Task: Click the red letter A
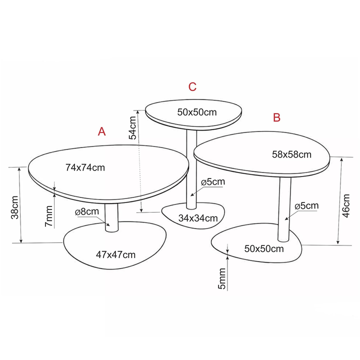pyautogui.click(x=101, y=131)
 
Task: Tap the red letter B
pyautogui.click(x=276, y=117)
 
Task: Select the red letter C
pyautogui.click(x=192, y=87)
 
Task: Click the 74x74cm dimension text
pyautogui.click(x=85, y=167)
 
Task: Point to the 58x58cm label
pyautogui.click(x=291, y=154)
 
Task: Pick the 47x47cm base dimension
pyautogui.click(x=115, y=254)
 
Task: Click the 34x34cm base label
pyautogui.click(x=198, y=218)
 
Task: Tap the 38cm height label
pyautogui.click(x=15, y=207)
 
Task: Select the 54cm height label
pyautogui.click(x=132, y=128)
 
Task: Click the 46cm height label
pyautogui.click(x=346, y=205)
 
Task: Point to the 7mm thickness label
pyautogui.click(x=48, y=216)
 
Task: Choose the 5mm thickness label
pyautogui.click(x=222, y=278)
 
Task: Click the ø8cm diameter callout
pyautogui.click(x=87, y=211)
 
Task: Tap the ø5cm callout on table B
pyautogui.click(x=306, y=205)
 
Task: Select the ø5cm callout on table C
pyautogui.click(x=213, y=182)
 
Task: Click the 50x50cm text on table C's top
pyautogui.click(x=197, y=112)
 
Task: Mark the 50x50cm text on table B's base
pyautogui.click(x=264, y=248)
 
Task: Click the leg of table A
pyautogui.click(x=111, y=217)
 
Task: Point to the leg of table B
pyautogui.click(x=284, y=209)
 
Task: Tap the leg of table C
pyautogui.click(x=191, y=169)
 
